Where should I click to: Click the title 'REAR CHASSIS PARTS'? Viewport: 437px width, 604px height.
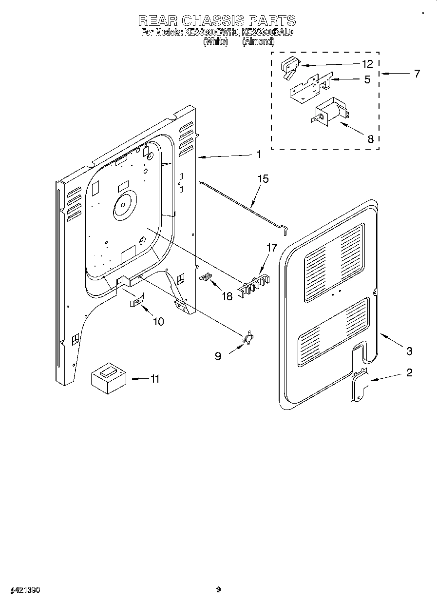pos(217,20)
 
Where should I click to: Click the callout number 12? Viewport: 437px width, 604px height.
pos(367,64)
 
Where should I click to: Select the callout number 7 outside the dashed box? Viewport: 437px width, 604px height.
pos(417,74)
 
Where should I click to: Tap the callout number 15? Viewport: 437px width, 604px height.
pos(263,179)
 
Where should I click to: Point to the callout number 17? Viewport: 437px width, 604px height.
pos(272,248)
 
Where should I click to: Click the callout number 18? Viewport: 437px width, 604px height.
pos(228,296)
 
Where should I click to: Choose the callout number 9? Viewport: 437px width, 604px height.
pos(218,356)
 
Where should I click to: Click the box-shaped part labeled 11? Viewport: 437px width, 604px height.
pos(109,378)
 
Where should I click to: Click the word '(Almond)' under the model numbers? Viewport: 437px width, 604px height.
pos(258,42)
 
